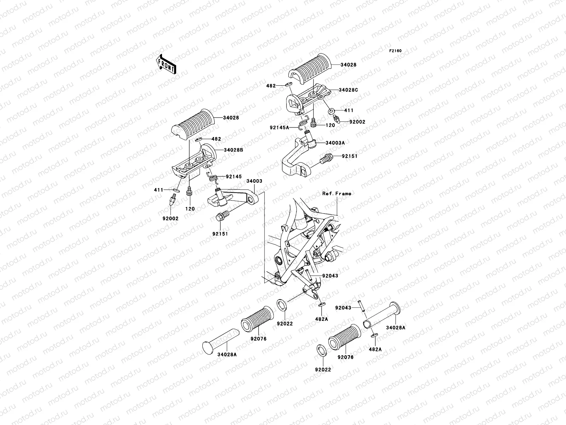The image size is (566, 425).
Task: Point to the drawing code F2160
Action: pyautogui.click(x=395, y=51)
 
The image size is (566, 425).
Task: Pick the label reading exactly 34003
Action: pyautogui.click(x=254, y=181)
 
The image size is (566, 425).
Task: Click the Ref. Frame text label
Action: pyautogui.click(x=337, y=194)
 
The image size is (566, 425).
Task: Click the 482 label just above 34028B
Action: pyautogui.click(x=216, y=139)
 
